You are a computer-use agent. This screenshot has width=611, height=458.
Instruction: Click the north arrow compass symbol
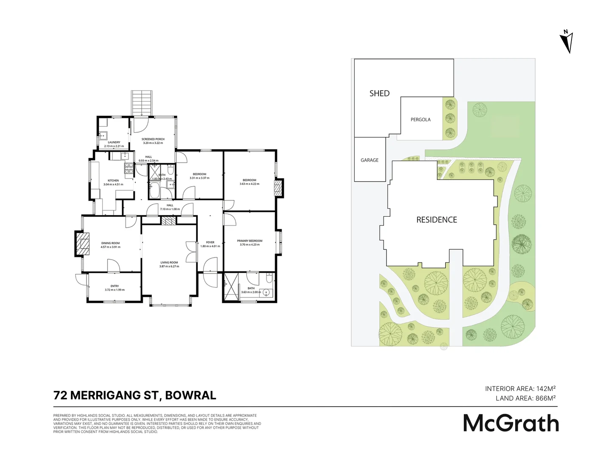point(566,42)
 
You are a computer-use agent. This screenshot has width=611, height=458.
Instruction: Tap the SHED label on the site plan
point(379,93)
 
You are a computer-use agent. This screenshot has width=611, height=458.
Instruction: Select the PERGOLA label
point(420,120)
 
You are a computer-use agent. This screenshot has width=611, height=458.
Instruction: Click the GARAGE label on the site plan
point(370,160)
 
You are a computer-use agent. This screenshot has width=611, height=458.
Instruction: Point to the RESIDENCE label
point(437,220)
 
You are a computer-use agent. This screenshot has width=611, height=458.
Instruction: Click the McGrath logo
point(511,423)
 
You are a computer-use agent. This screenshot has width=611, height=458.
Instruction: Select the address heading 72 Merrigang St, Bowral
point(135,395)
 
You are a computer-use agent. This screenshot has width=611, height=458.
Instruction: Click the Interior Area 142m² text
point(520,388)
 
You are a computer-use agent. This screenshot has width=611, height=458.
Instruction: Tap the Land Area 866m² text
point(525,398)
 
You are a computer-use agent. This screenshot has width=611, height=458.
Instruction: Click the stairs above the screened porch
point(142,102)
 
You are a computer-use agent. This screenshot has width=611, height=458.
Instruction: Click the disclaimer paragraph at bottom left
point(157,424)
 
